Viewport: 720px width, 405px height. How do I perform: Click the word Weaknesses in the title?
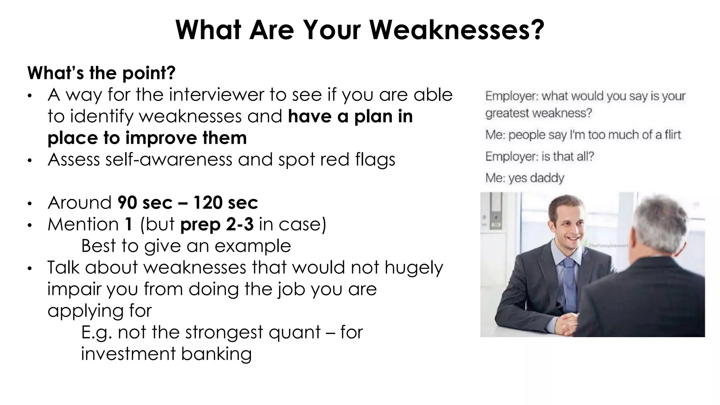[457, 30]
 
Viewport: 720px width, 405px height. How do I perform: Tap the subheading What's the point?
[101, 73]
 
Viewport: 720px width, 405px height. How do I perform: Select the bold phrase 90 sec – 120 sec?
[188, 203]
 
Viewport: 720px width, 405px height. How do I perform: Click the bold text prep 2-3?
[217, 224]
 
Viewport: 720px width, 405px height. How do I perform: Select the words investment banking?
[166, 354]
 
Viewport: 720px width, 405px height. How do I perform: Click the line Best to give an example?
[186, 246]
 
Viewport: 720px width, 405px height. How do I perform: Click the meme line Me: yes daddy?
[525, 178]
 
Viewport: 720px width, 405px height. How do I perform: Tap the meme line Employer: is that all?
[540, 156]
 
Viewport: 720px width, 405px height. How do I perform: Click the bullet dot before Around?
[30, 204]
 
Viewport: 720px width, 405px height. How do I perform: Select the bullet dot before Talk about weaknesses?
[30, 268]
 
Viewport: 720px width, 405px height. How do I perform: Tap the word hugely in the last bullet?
[414, 268]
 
